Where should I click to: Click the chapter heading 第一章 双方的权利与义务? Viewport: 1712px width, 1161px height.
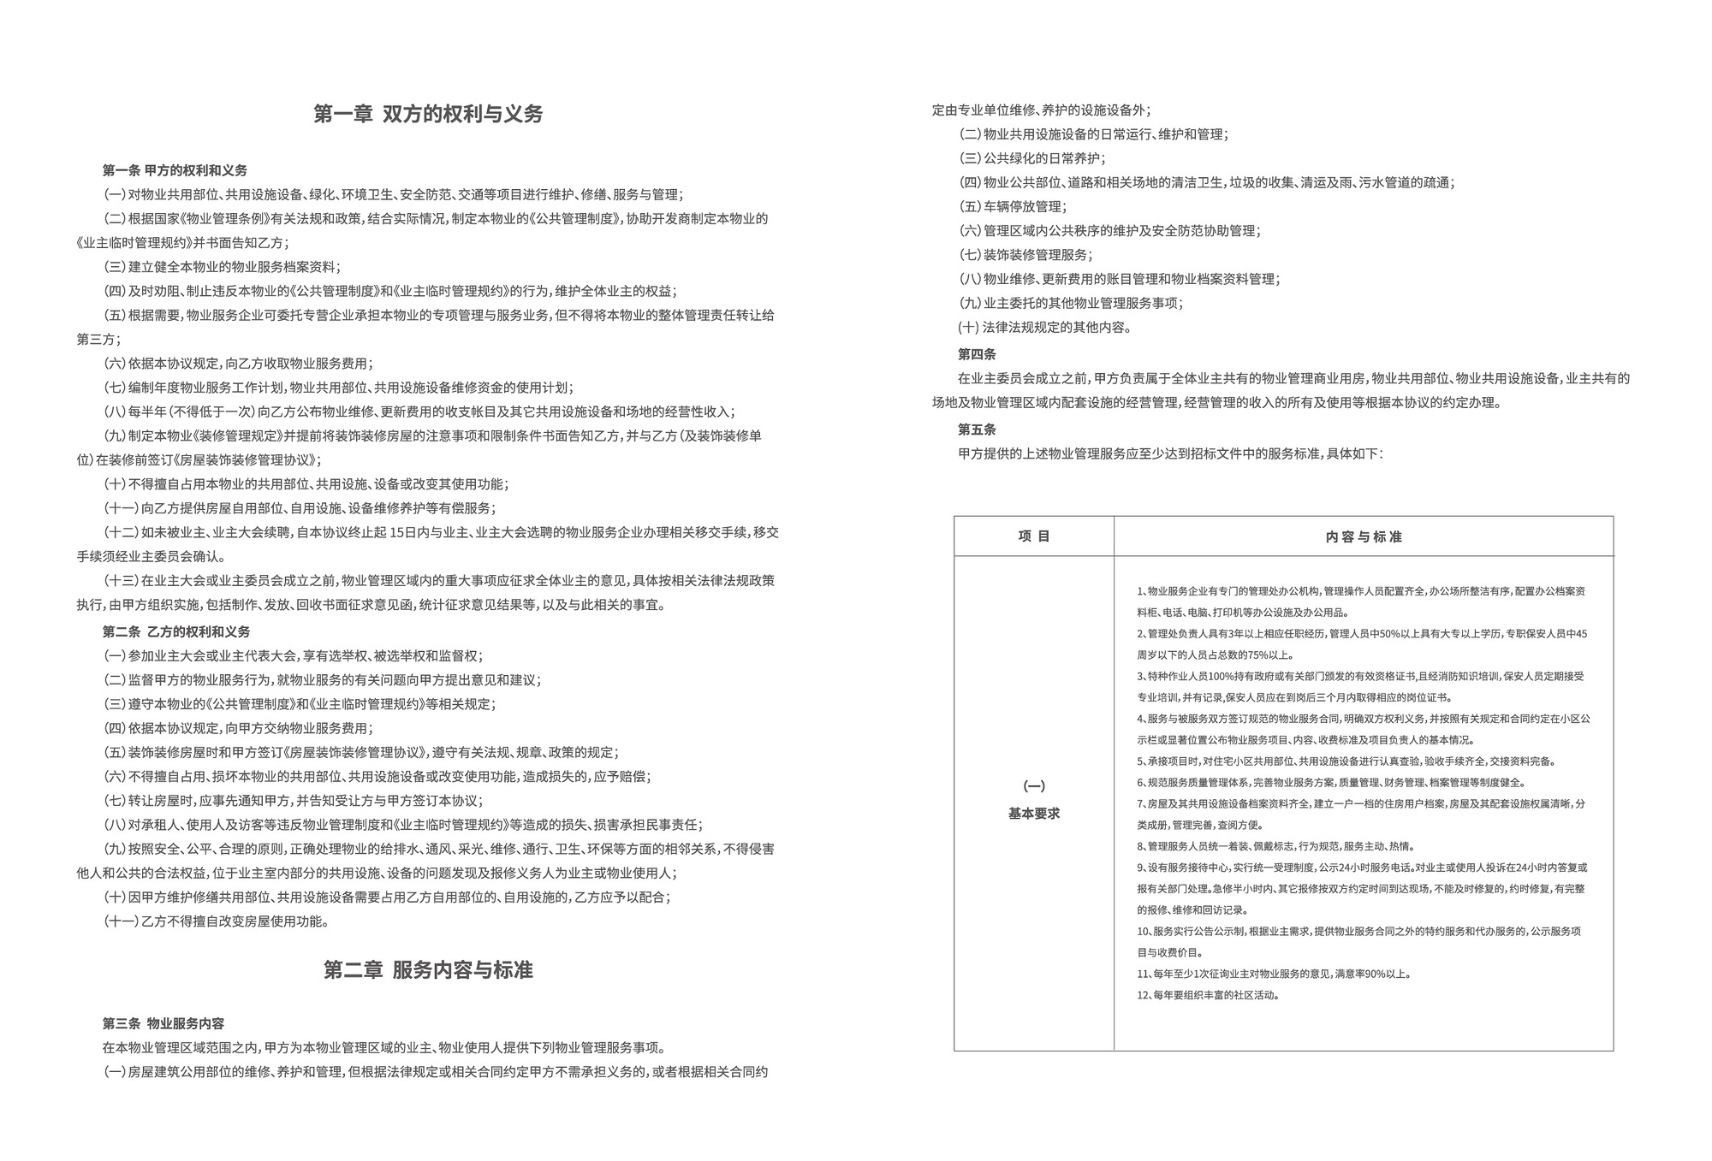point(428,115)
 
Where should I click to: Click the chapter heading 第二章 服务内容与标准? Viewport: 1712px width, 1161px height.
point(428,970)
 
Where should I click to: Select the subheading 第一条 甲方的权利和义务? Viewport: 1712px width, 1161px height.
point(175,170)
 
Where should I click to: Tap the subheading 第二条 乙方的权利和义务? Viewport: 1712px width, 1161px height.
point(176,631)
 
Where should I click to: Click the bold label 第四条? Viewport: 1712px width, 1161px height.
point(977,354)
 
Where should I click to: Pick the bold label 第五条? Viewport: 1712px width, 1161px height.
point(977,429)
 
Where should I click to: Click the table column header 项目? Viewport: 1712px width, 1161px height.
point(1034,536)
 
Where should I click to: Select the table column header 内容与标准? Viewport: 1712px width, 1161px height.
point(1364,536)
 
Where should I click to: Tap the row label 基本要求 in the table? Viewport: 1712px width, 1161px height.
point(1034,813)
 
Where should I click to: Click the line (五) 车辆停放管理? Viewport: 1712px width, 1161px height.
point(1013,206)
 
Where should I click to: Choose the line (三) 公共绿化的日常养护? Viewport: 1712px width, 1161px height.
point(1031,158)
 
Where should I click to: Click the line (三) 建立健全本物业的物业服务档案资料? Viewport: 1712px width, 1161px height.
point(222,267)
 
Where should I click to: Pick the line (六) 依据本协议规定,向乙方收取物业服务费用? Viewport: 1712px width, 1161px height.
point(238,364)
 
